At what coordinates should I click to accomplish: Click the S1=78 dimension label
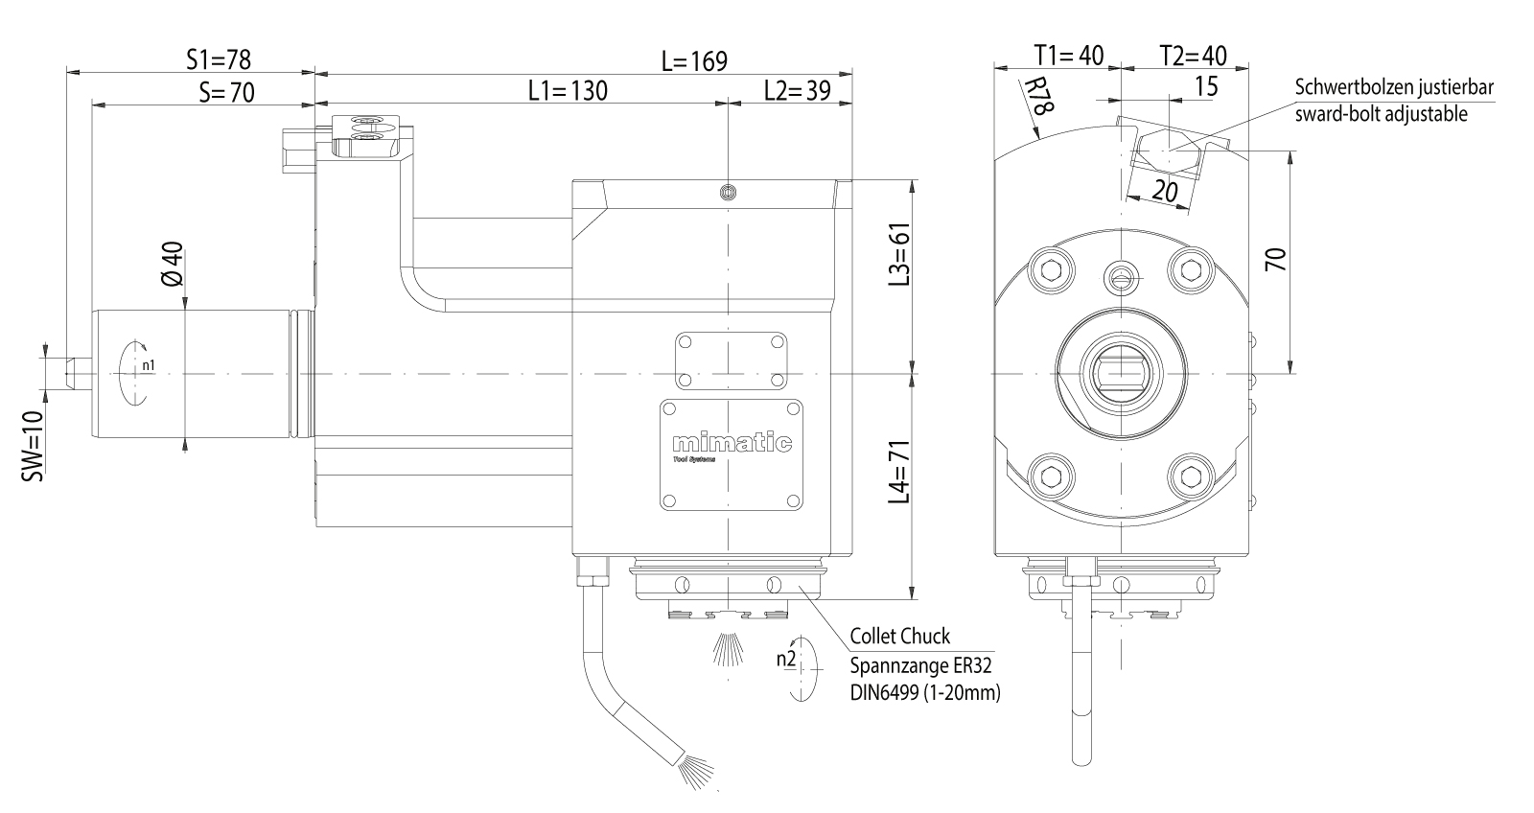218,59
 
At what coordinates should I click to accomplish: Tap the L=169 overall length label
693,61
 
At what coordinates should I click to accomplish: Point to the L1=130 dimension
568,91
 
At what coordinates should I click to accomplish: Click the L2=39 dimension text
797,91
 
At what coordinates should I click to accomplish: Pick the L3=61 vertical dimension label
898,254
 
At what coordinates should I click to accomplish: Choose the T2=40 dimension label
1192,55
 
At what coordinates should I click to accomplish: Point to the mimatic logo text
732,444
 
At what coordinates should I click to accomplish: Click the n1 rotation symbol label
148,365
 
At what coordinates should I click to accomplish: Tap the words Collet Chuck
899,637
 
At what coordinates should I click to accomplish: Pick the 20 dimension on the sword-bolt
1165,191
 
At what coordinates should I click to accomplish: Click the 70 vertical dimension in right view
1274,260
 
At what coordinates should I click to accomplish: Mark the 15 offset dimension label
1206,86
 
